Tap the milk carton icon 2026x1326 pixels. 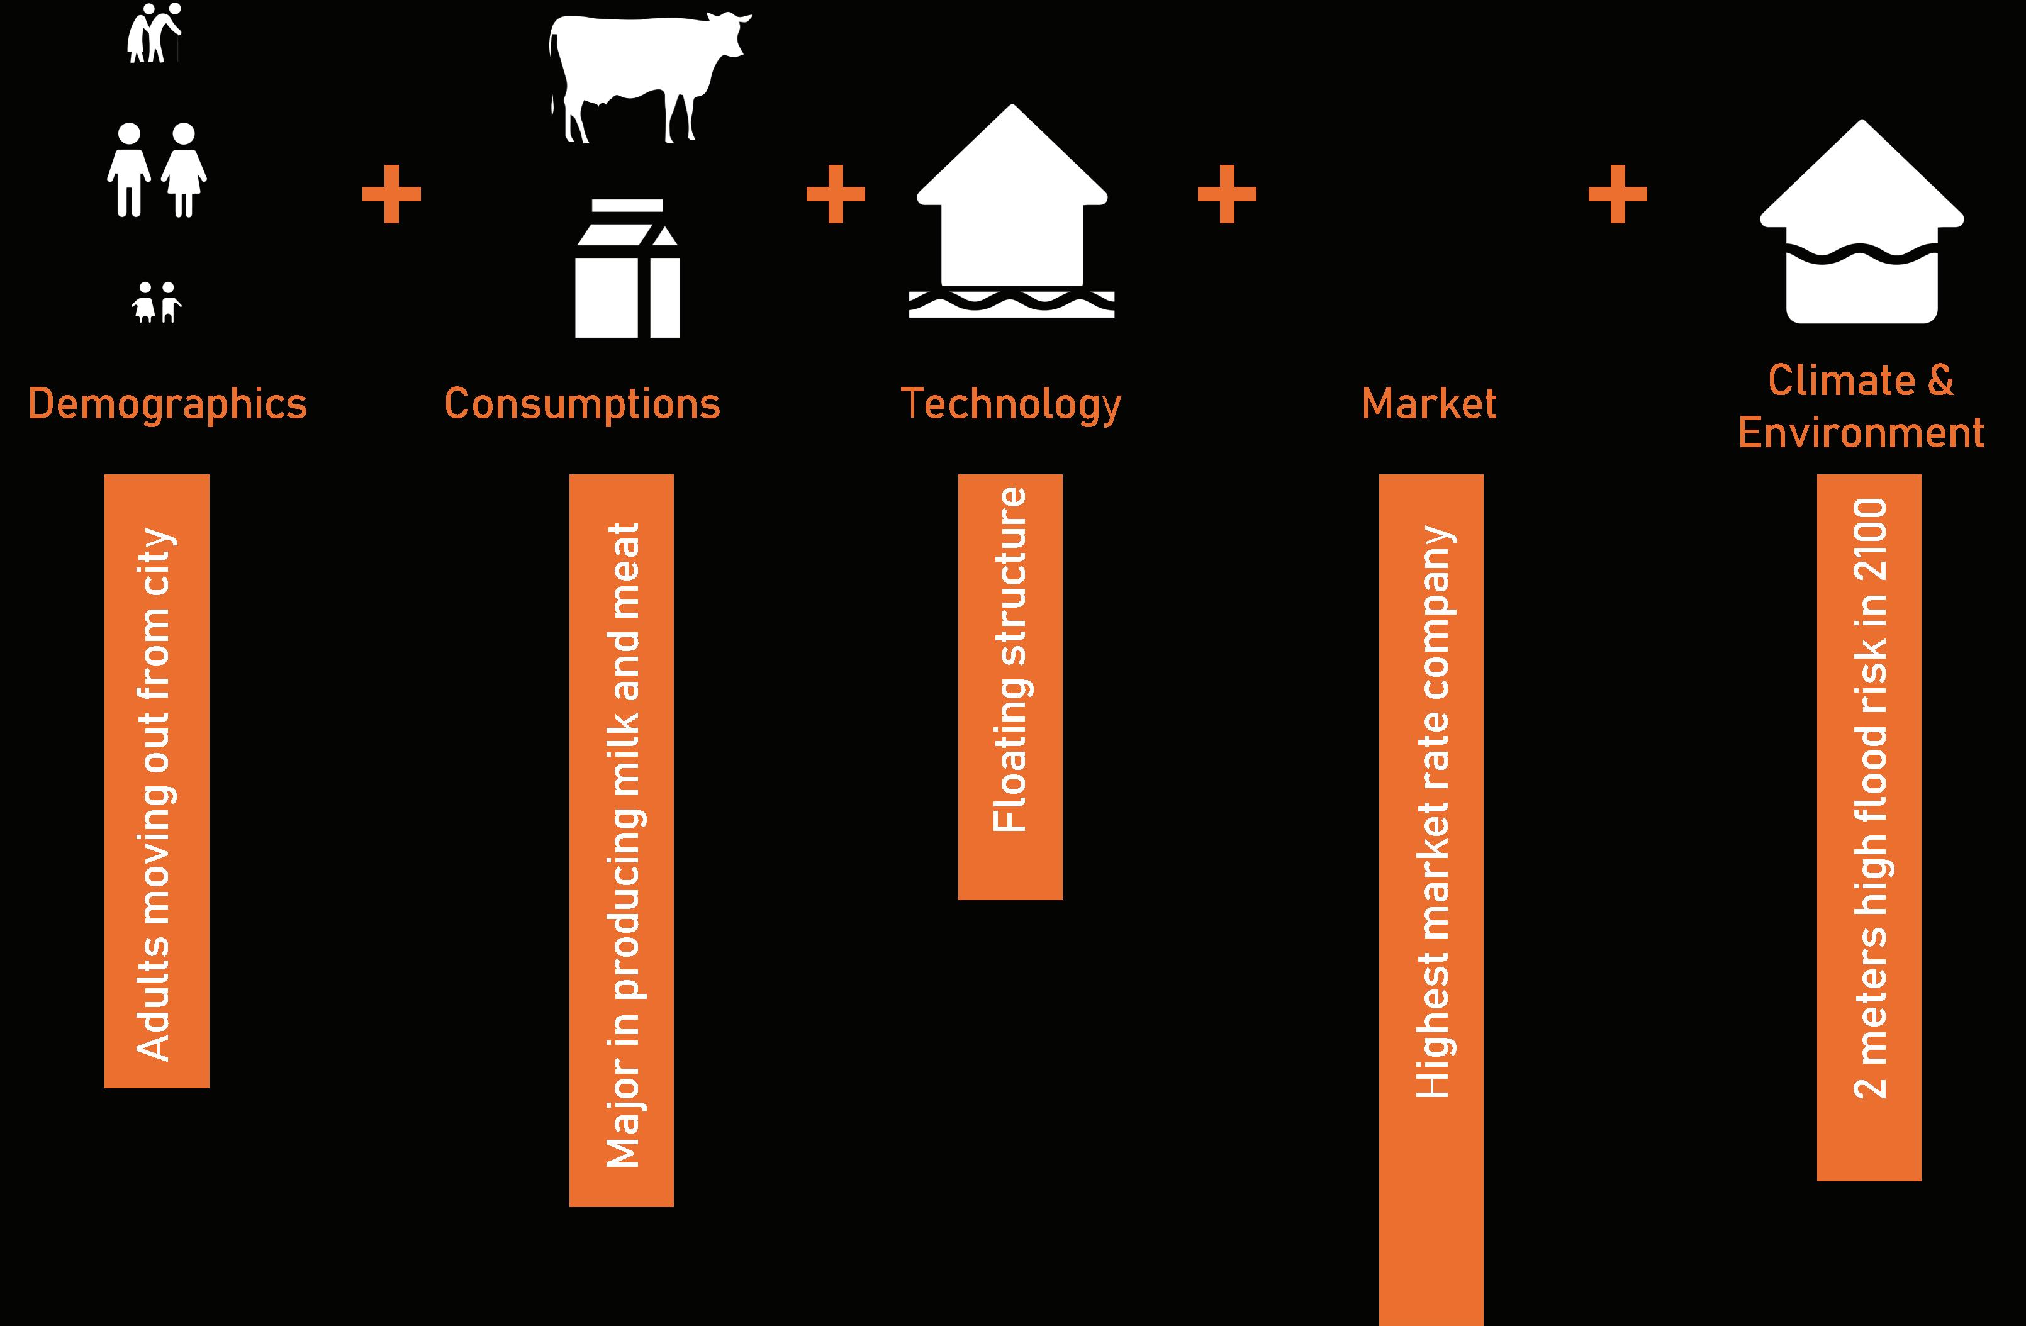click(627, 269)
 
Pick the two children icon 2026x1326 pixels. click(157, 302)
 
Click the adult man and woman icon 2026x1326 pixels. click(157, 170)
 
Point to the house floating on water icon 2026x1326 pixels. click(1011, 213)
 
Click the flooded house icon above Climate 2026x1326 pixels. click(1862, 223)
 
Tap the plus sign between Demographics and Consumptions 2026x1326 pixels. click(391, 194)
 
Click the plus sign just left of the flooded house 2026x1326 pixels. click(1618, 194)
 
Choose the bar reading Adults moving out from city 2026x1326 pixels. click(157, 781)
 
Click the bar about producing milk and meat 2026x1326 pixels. click(622, 840)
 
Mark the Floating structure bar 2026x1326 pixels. click(1010, 687)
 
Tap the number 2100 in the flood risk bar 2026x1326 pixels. click(1869, 540)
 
